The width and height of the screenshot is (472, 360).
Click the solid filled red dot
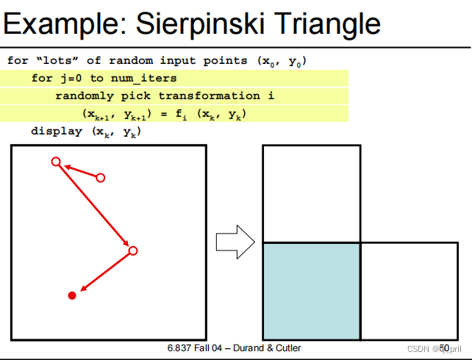(72, 295)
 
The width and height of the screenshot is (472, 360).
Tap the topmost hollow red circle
(55, 162)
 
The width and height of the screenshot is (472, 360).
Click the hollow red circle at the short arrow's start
(101, 178)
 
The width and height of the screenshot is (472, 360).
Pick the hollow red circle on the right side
(133, 251)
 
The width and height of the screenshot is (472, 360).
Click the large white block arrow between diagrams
(235, 242)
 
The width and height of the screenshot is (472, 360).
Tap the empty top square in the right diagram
(312, 193)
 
